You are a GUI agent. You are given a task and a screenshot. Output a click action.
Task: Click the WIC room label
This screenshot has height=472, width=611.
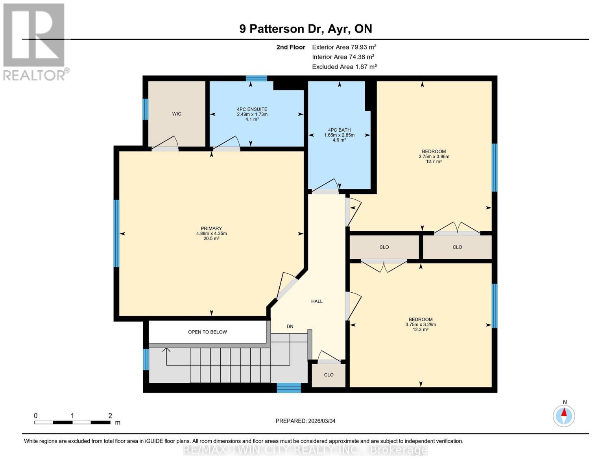click(177, 114)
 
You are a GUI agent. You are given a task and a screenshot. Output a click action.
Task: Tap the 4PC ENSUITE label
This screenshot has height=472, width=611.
click(252, 109)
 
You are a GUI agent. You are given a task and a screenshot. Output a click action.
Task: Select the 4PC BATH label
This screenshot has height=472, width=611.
click(339, 130)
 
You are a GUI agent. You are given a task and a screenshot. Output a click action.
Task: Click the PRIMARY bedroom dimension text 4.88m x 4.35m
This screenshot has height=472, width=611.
click(211, 234)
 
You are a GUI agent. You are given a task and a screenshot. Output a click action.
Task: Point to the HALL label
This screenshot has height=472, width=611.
click(317, 301)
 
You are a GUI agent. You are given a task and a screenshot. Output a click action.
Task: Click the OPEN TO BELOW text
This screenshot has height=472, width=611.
click(207, 332)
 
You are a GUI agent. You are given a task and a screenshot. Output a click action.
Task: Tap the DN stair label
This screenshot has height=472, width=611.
click(290, 326)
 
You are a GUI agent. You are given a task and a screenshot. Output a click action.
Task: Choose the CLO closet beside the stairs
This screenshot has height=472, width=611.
click(329, 375)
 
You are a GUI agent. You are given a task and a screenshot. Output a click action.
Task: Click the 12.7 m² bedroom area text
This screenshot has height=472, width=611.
click(434, 162)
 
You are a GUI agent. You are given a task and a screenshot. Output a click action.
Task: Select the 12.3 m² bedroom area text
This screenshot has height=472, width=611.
click(420, 330)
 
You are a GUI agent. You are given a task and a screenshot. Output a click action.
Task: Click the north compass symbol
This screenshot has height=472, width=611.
click(564, 416)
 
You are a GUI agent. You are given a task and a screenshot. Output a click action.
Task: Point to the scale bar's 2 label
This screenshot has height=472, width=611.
click(110, 416)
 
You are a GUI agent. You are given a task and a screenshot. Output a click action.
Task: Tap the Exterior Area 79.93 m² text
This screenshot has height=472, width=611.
click(344, 47)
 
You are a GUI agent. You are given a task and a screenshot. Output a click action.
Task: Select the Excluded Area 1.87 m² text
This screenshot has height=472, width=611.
click(344, 67)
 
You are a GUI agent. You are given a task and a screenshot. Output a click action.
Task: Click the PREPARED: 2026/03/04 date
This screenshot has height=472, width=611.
click(305, 421)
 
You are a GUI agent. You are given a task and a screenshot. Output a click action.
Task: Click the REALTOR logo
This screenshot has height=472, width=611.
click(35, 41)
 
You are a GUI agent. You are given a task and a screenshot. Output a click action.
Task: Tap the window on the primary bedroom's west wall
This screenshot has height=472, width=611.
click(116, 234)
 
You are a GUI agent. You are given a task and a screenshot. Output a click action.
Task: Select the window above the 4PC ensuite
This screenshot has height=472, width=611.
click(257, 78)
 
